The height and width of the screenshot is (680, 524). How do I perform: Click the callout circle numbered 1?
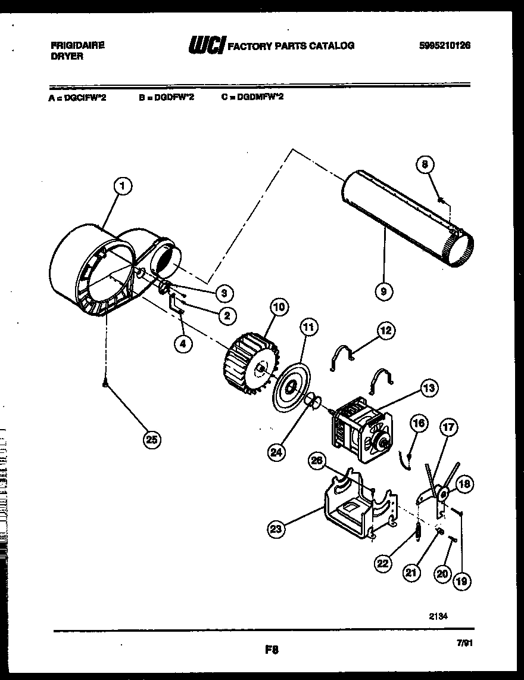[x=123, y=187]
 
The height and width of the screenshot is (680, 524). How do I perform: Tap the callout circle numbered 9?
[x=384, y=291]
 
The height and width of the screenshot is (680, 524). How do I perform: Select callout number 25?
[x=152, y=440]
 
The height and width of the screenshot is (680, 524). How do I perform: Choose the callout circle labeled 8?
[x=425, y=165]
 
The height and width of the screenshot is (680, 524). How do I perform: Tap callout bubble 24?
[x=276, y=452]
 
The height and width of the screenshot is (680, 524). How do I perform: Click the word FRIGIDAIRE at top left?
[x=76, y=45]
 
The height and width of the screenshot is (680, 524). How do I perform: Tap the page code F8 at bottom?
[x=272, y=651]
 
